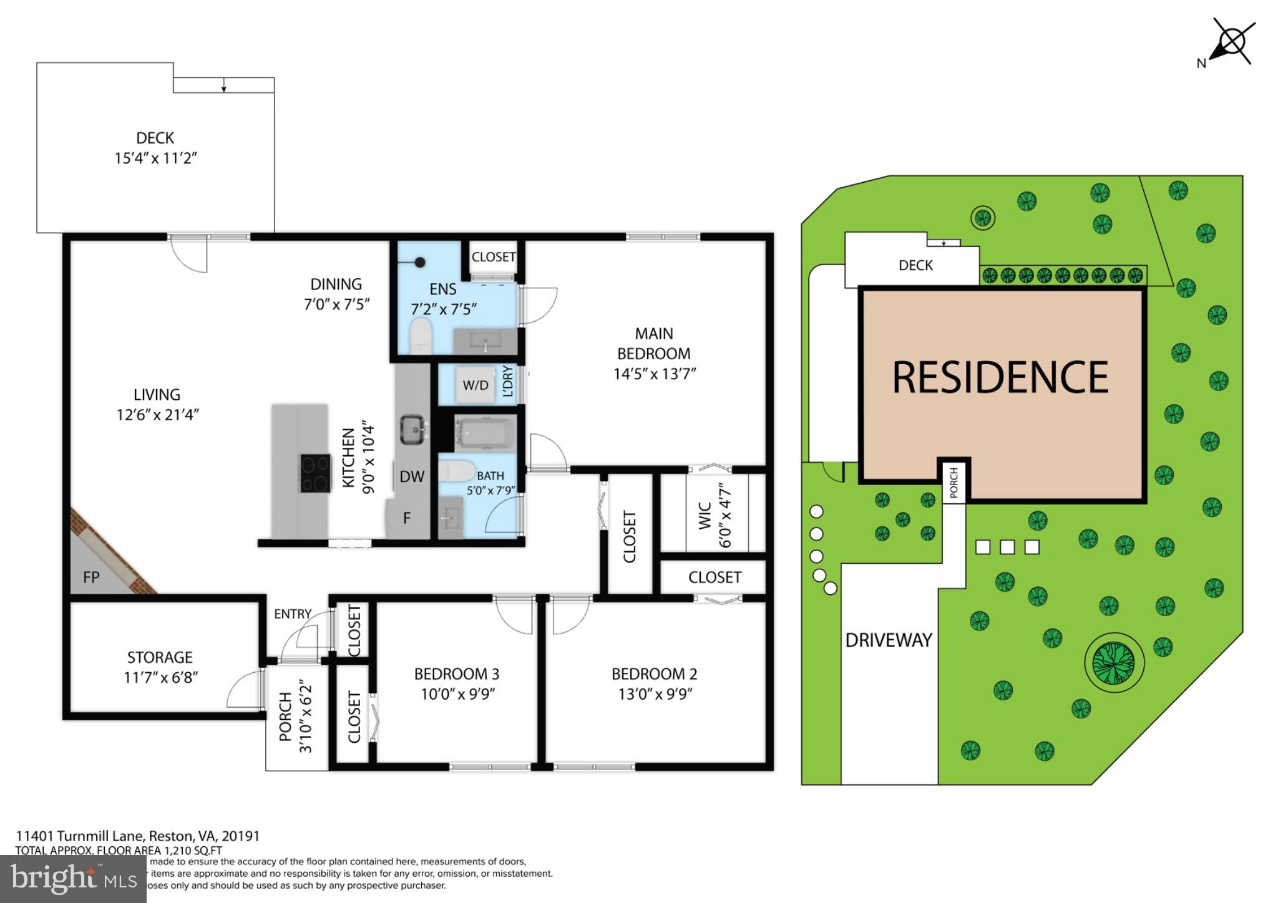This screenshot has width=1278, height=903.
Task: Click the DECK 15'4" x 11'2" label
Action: point(155,148)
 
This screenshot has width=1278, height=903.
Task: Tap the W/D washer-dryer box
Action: point(476,385)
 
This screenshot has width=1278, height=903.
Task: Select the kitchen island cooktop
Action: point(316,473)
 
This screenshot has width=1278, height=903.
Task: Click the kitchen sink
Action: point(412,429)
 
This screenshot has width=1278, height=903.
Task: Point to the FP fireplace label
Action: point(91,577)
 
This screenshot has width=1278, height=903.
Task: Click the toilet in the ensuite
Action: point(421,336)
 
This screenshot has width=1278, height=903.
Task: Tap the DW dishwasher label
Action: point(412,477)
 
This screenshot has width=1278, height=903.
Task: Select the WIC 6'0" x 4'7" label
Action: point(715,515)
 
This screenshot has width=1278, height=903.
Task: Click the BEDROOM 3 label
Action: point(457,674)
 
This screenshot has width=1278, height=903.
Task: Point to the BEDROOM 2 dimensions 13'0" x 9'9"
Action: point(655,694)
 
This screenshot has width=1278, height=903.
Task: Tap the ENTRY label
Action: point(292,614)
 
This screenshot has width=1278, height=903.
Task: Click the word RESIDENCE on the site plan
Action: point(1000,378)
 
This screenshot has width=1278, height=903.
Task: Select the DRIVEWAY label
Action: point(889,640)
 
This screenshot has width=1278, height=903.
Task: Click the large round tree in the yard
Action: point(1114,661)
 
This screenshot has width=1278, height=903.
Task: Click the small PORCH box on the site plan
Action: point(954,483)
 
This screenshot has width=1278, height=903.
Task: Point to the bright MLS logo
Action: point(73,879)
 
